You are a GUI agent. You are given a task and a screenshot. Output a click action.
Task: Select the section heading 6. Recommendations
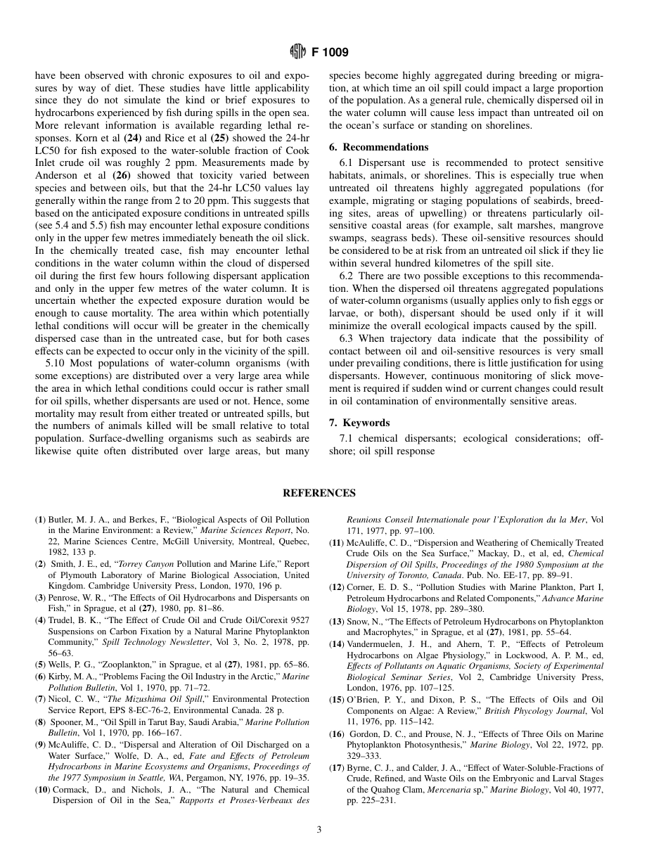tap(379, 147)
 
